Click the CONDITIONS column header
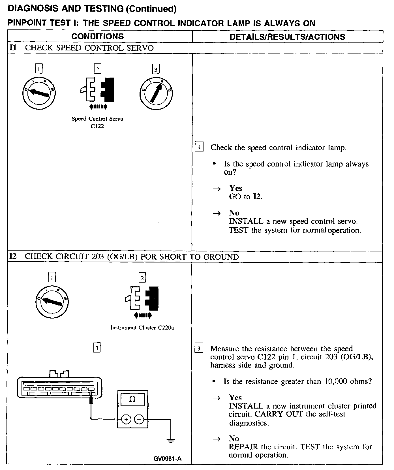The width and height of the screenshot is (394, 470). coord(97,37)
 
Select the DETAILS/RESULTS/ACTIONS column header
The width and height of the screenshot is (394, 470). coord(287,37)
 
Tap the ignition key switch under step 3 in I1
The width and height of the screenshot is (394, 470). coord(156,93)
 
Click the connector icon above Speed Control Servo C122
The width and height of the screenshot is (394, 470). coord(98,90)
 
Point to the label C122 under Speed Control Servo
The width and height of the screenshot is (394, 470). coord(97,126)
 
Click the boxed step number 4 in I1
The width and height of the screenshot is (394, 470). coord(199,147)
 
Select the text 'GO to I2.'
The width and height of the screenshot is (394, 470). coord(245,196)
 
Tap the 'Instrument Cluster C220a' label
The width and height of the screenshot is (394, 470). coord(142,328)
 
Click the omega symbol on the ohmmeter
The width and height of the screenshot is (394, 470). coord(132,399)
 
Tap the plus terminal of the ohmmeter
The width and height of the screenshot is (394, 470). coord(126,419)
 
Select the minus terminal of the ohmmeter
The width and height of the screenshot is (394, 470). coord(139,419)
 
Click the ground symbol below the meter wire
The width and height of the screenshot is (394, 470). coord(171,441)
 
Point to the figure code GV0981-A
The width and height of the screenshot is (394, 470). coord(167,459)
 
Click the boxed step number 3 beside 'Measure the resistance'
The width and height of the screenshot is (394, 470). coord(199,348)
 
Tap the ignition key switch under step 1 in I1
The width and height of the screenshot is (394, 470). coord(39,93)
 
